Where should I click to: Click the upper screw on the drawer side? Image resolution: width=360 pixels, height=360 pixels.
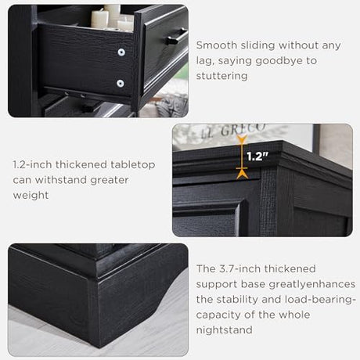pos(121,52)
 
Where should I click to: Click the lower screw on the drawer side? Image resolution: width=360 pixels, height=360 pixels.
pos(121,84)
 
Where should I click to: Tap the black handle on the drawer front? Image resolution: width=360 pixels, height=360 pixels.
pos(176,37)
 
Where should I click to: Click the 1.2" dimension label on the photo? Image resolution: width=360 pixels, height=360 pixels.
pos(257,157)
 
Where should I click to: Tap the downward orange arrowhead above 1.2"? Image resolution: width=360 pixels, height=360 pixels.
pos(242,139)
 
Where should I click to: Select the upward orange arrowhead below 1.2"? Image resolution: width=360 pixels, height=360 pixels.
pos(242,174)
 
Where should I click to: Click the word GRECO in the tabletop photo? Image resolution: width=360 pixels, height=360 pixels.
pos(243,129)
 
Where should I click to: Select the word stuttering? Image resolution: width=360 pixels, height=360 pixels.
pos(221,76)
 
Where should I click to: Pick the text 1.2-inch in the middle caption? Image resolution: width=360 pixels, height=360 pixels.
pos(33,165)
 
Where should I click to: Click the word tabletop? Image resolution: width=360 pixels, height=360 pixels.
pos(132,165)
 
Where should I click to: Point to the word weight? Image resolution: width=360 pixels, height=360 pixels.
pos(31,196)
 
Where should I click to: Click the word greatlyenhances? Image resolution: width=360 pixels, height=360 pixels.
pos(312,284)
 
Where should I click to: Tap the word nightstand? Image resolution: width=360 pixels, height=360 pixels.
pos(224,330)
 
